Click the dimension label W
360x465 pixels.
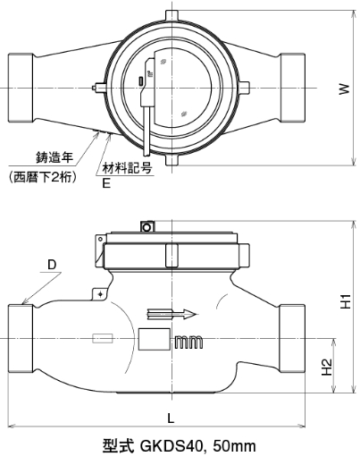click(x=344, y=89)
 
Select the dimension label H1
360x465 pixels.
click(x=347, y=301)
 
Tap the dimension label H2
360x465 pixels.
click(x=327, y=368)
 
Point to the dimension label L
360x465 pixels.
click(x=171, y=418)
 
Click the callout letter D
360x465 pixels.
click(x=52, y=265)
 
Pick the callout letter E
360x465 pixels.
click(x=106, y=183)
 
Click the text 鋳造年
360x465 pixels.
click(x=54, y=157)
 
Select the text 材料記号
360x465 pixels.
click(x=128, y=168)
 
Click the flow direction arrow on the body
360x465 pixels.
click(x=172, y=314)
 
